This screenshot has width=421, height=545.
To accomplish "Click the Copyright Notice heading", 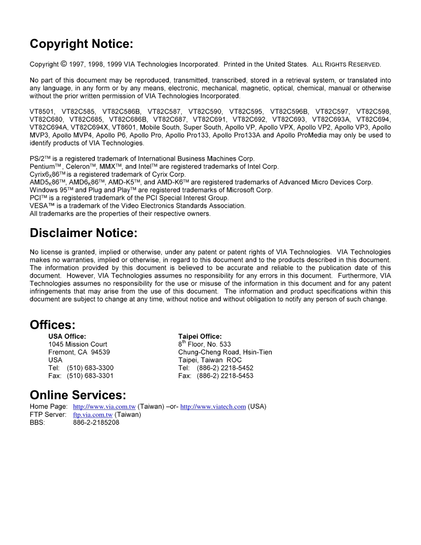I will coord(81,44).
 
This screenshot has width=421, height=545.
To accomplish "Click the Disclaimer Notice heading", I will coord(83,233).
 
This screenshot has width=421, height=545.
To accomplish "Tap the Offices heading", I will coord(52,325).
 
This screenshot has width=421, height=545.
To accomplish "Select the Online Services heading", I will coord(78,395).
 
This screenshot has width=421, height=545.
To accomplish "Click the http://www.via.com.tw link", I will coord(104,407).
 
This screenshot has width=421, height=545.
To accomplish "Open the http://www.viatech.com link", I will coord(213,407).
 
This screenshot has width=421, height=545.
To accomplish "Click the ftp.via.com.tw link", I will coord(93,415).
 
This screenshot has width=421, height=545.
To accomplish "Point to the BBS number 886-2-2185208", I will coord(96,423).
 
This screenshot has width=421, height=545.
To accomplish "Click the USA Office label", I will coord(67,336).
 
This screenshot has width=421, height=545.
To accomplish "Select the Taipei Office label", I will coord(200,336).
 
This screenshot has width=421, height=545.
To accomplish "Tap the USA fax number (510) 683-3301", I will coord(90,376).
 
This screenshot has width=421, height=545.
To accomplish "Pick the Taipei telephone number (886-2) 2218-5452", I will coord(225,368).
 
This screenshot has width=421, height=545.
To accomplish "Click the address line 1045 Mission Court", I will coord(78,344).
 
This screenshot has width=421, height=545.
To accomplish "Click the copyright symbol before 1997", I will coord(64,64).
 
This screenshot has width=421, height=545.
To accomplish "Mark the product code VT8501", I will coord(42,112).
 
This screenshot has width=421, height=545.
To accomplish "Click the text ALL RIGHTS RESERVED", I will coord(346,65).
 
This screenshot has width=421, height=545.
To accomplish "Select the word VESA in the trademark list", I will coord(39,206).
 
